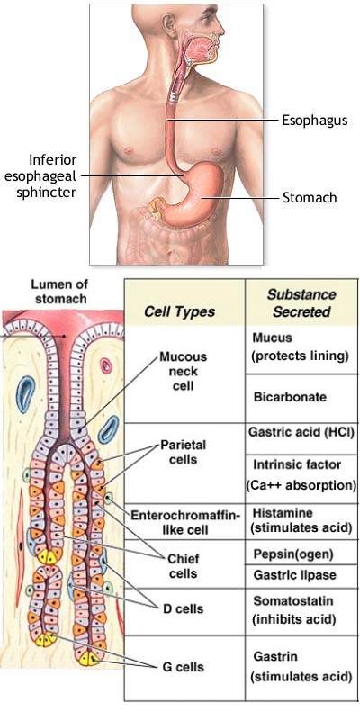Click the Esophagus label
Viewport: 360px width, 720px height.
[x=314, y=121]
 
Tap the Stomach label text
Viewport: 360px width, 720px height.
[x=310, y=198]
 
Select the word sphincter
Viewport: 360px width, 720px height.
[x=47, y=192]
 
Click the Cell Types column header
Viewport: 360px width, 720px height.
[x=179, y=311]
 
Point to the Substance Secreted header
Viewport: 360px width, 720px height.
[x=301, y=303]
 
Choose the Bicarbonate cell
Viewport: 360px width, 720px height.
[x=290, y=397]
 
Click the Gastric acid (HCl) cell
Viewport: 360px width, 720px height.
[x=301, y=433]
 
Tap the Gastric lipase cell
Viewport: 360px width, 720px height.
[x=295, y=575]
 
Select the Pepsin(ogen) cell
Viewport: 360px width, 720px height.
[x=293, y=554]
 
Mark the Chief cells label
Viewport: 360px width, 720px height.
[x=184, y=566]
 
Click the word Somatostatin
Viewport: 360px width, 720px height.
[x=293, y=600]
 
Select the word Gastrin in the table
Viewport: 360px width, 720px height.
[x=274, y=657]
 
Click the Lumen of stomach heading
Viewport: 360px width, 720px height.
[x=59, y=291]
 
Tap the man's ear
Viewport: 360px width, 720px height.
[x=168, y=25]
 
